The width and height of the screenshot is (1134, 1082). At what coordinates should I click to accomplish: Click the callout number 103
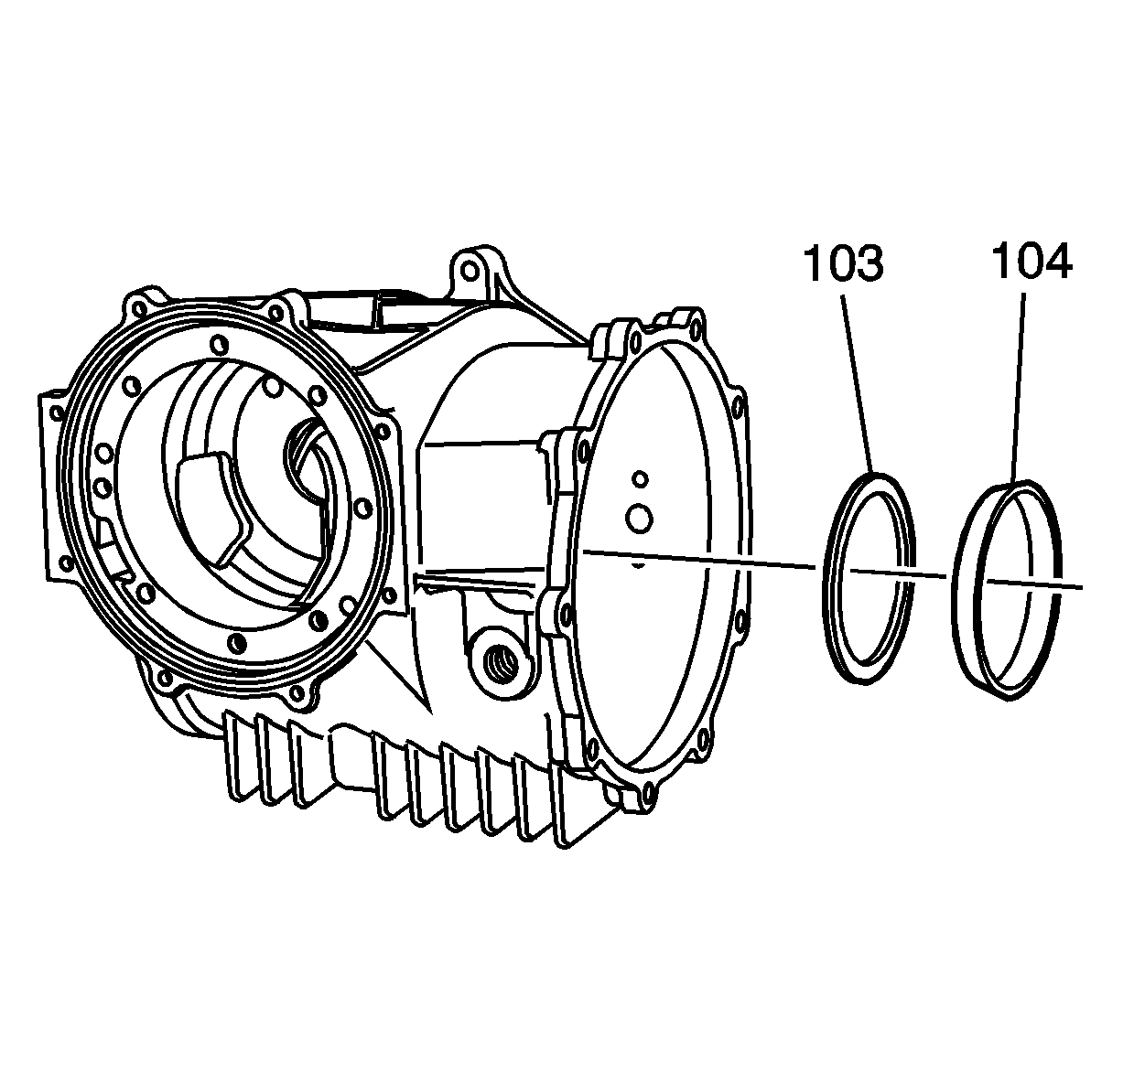[843, 263]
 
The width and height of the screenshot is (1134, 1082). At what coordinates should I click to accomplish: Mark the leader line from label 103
[858, 384]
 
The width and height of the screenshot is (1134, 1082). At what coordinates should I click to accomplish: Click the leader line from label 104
[1018, 389]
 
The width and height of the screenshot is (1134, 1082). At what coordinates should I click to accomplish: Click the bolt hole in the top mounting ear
[470, 272]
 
